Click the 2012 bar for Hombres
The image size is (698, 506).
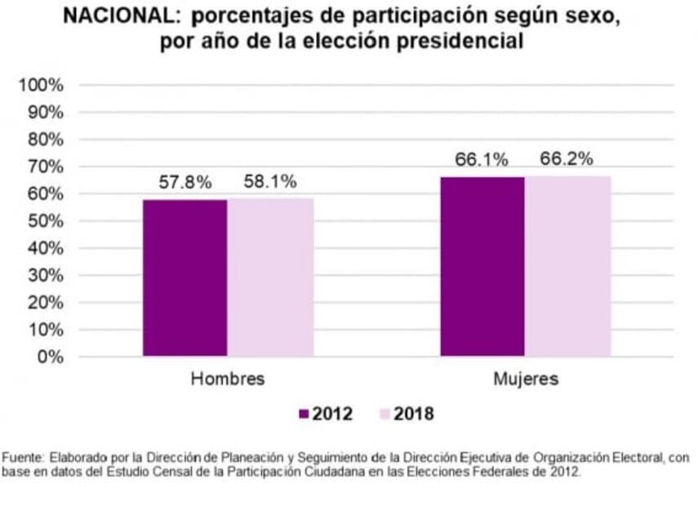[185, 277]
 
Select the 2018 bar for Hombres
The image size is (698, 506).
[270, 277]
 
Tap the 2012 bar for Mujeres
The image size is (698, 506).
[482, 266]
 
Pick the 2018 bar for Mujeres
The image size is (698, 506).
[567, 266]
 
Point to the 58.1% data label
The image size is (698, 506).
[270, 181]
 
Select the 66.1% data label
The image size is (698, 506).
[482, 160]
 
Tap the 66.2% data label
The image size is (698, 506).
[567, 159]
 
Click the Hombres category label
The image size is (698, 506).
[228, 379]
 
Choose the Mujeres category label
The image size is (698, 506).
[526, 379]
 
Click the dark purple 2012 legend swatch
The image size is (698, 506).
[305, 414]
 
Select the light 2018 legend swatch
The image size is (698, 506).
[386, 414]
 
